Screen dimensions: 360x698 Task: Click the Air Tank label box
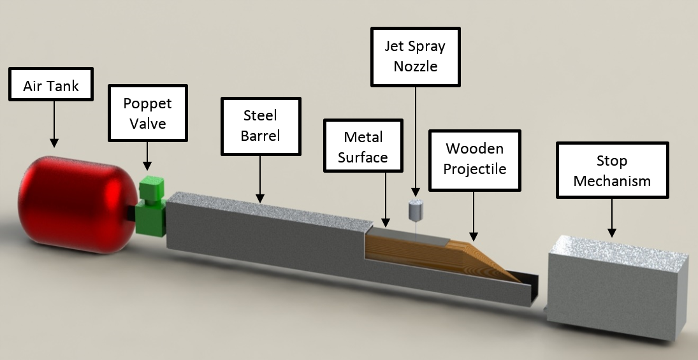coord(51,84)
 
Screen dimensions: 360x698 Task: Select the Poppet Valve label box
coord(148,113)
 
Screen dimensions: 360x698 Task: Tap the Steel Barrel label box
coord(260,126)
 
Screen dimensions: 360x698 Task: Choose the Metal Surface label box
coord(363,146)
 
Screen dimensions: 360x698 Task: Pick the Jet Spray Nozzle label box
coord(416,56)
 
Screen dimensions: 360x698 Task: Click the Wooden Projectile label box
coord(474,159)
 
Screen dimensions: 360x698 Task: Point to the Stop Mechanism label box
coord(612,170)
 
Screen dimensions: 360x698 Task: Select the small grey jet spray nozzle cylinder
coord(416,208)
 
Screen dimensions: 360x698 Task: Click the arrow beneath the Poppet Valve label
coord(148,156)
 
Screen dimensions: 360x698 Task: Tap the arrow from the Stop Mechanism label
coord(612,217)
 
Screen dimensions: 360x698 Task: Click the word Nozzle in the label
coord(416,66)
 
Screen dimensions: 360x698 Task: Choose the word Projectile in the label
coord(474,169)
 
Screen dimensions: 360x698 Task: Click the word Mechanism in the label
coord(612,180)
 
